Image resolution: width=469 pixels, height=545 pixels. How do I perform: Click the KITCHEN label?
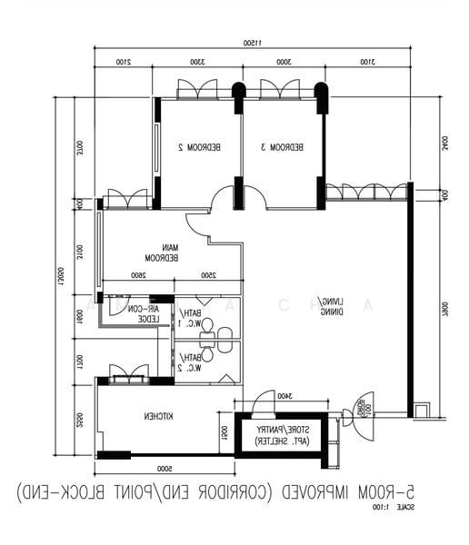click(x=160, y=416)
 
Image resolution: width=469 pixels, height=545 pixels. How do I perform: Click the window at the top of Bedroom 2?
click(x=197, y=89)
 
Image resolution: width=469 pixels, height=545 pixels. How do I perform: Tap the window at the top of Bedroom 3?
click(x=280, y=89)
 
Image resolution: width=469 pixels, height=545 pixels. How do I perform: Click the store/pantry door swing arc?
click(x=263, y=401)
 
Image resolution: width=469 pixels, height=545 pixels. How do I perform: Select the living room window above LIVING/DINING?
click(x=366, y=191)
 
